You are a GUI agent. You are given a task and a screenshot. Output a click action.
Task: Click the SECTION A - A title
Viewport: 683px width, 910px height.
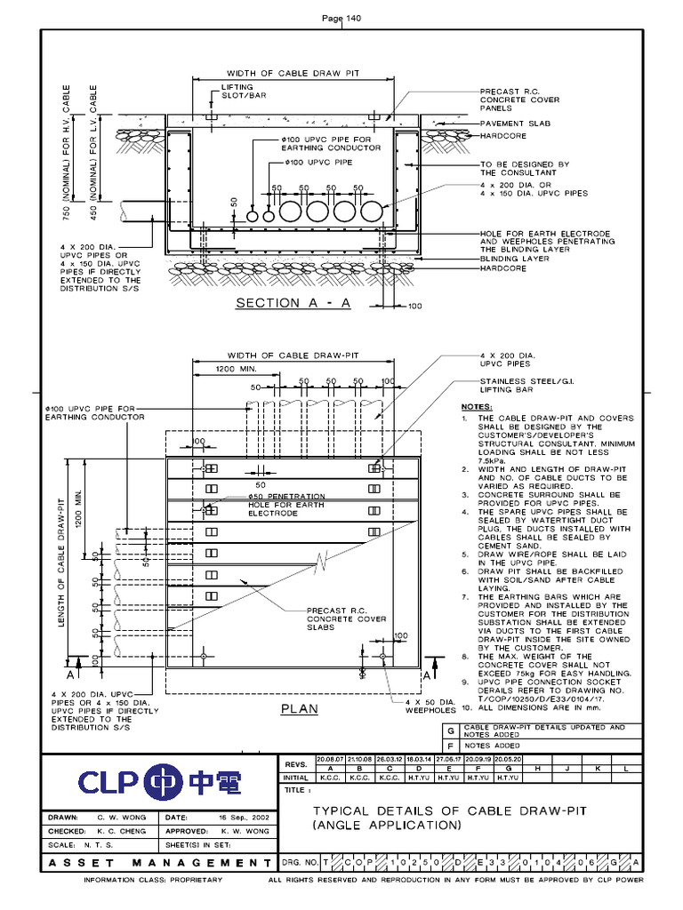[293, 303]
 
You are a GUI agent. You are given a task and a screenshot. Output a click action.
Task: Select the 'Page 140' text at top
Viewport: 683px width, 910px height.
[341, 19]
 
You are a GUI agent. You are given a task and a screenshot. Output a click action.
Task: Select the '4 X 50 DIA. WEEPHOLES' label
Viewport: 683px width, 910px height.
[430, 706]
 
